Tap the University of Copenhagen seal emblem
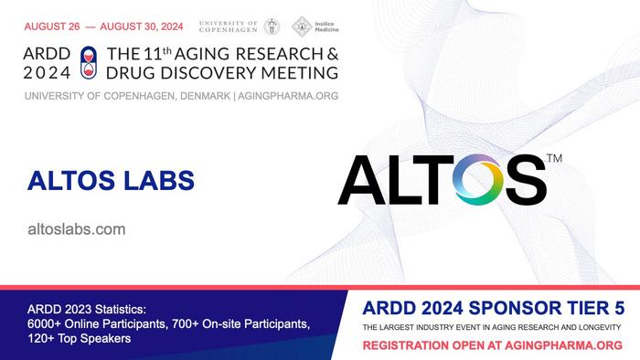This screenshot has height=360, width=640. pyautogui.click(x=272, y=26)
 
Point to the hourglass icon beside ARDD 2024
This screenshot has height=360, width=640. pyautogui.click(x=88, y=62)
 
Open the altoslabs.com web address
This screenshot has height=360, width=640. pyautogui.click(x=78, y=229)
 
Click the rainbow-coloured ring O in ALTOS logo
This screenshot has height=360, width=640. pyautogui.click(x=482, y=181)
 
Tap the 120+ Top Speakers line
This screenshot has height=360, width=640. pyautogui.click(x=80, y=338)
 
